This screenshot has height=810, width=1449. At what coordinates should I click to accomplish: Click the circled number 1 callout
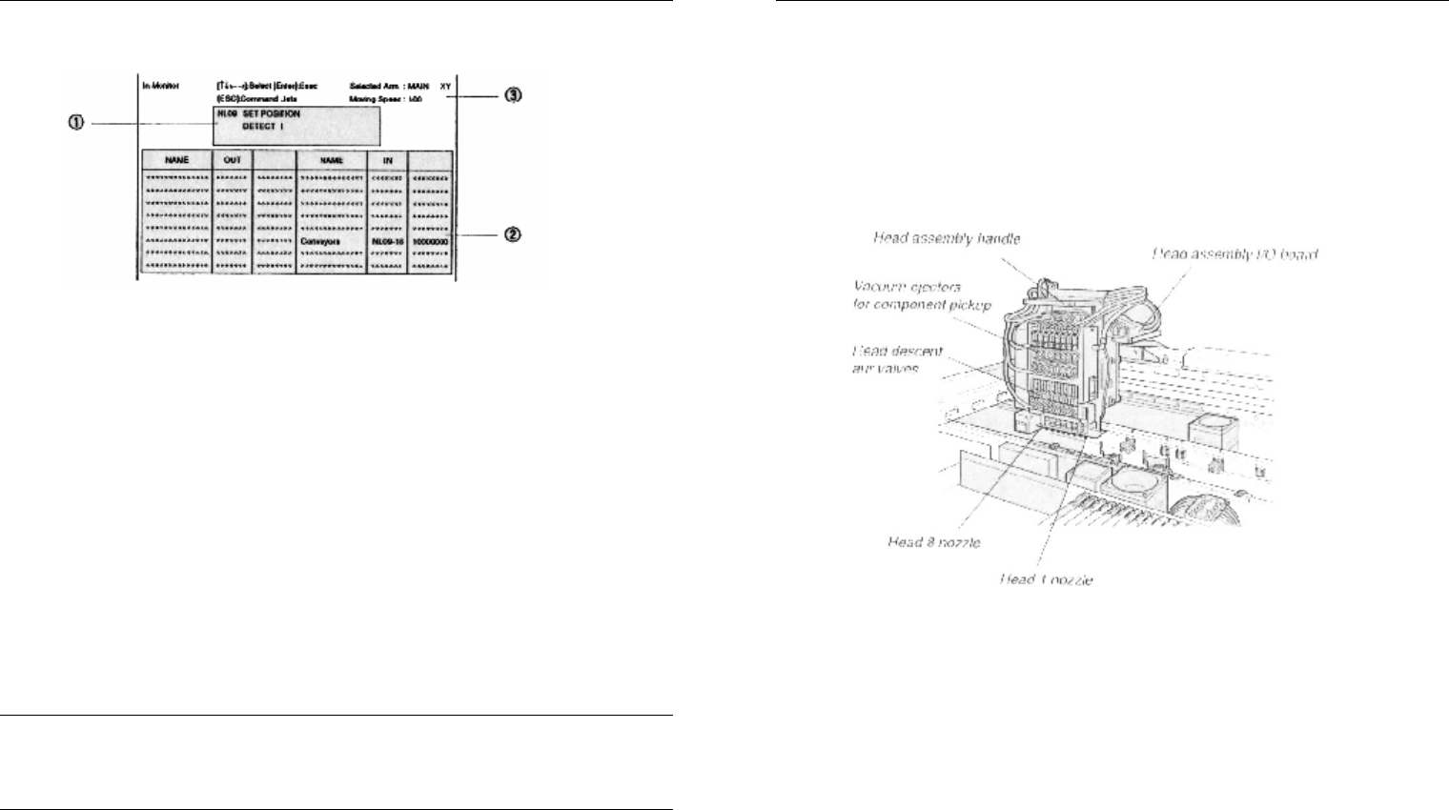coord(77,123)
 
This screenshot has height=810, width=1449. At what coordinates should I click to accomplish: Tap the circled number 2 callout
coord(512,234)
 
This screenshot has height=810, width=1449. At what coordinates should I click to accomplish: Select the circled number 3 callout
coord(513,94)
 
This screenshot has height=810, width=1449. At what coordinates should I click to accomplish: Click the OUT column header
coord(232,160)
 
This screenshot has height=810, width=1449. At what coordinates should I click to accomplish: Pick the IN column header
coord(387,160)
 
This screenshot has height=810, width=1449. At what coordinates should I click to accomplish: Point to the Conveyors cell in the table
coord(320,242)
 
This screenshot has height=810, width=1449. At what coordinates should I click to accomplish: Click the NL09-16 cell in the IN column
coord(387,242)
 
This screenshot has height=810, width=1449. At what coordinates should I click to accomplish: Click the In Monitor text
coord(161,86)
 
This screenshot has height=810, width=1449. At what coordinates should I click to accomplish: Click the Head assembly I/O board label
coord(1235,253)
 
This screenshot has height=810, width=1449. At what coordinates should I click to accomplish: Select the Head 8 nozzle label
coord(933,542)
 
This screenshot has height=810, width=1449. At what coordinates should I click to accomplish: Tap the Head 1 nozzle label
coord(1046,579)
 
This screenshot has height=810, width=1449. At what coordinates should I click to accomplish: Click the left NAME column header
coord(176,160)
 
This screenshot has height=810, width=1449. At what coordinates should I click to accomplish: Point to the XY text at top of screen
coord(445,86)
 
